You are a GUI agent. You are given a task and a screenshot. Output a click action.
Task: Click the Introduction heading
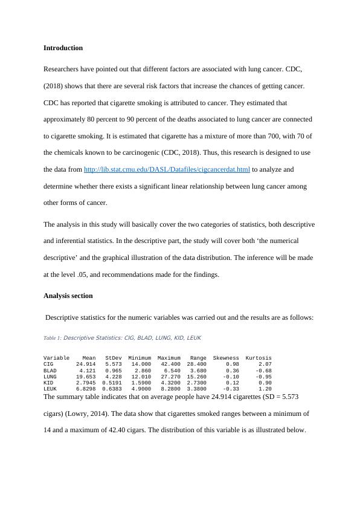tap(63, 48)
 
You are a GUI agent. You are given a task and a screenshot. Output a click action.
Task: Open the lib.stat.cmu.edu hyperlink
tap(166, 170)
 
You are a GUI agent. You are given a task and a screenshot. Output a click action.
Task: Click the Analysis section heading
tap(68, 296)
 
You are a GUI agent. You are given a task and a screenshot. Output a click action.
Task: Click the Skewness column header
tap(225, 358)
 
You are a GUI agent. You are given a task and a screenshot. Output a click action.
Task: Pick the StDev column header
tap(113, 358)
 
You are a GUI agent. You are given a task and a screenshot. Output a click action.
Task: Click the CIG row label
tap(48, 365)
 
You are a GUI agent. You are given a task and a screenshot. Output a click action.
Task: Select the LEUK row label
tap(50, 389)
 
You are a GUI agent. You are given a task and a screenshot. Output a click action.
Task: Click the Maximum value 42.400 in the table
tap(170, 365)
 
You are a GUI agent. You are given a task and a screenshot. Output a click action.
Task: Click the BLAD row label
tap(50, 371)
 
